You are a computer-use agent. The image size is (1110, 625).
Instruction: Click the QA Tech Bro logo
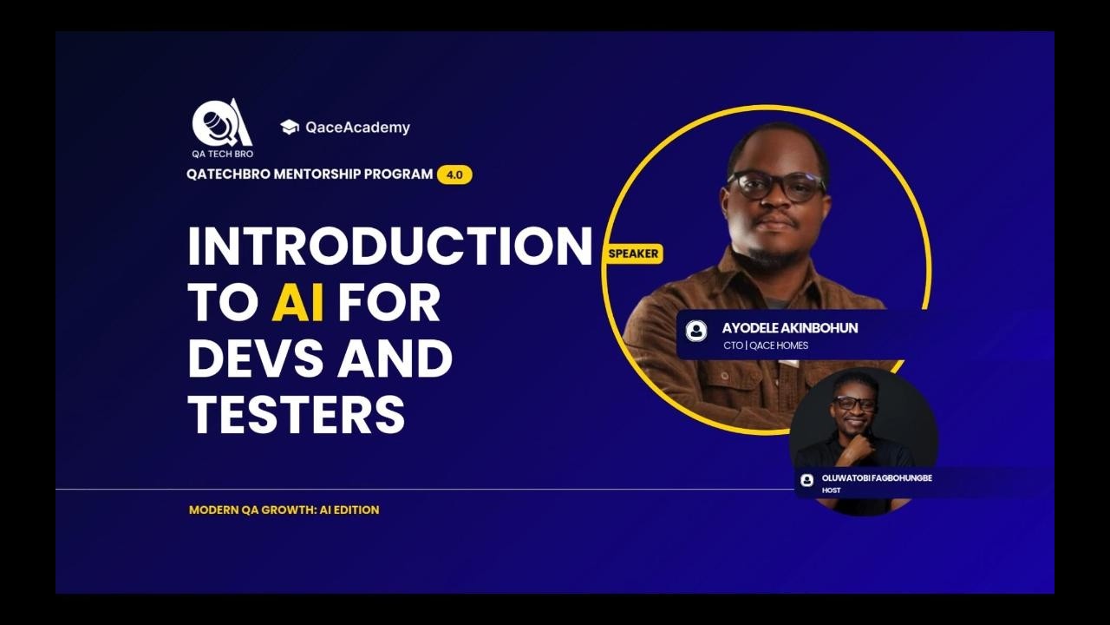[x=222, y=127]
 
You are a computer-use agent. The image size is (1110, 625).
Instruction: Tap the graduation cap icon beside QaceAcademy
[x=290, y=127]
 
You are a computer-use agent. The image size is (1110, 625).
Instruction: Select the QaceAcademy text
[x=357, y=128]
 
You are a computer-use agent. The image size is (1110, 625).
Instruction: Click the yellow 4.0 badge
[x=454, y=174]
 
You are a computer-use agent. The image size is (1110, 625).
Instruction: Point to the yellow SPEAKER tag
[x=634, y=253]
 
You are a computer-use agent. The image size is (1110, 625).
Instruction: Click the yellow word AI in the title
[x=297, y=302]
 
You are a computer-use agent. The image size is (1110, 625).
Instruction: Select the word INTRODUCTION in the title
[x=389, y=246]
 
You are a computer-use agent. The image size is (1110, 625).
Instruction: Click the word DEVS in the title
[x=255, y=359]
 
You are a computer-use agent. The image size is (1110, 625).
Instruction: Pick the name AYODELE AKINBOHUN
[x=790, y=328]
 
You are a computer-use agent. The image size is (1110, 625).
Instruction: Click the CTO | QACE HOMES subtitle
[x=766, y=345]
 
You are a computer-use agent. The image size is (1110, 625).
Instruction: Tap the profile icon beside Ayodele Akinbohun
[x=696, y=331]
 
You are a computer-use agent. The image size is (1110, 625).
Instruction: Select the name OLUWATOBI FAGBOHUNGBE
[x=877, y=478]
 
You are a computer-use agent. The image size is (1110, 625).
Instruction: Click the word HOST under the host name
[x=831, y=490]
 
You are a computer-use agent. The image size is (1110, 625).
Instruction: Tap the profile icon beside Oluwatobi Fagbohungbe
[x=806, y=480]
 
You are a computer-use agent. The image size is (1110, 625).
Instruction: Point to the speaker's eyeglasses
[x=776, y=185]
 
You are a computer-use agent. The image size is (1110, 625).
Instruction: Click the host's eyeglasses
[x=854, y=403]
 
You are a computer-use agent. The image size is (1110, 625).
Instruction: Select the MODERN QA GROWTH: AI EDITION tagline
[x=284, y=510]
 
